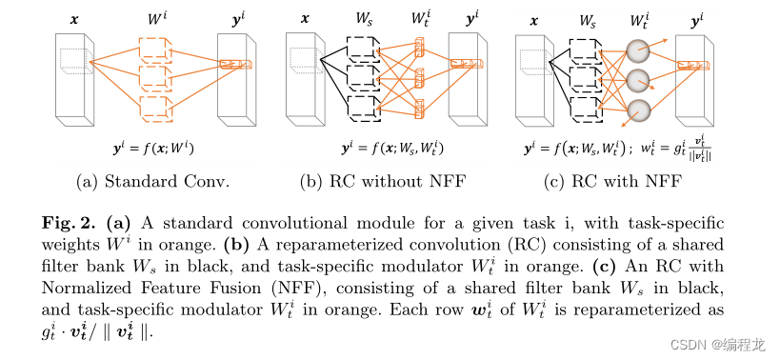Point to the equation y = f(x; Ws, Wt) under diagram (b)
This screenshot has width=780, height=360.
click(379, 150)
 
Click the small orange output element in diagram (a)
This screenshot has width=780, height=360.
click(231, 65)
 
